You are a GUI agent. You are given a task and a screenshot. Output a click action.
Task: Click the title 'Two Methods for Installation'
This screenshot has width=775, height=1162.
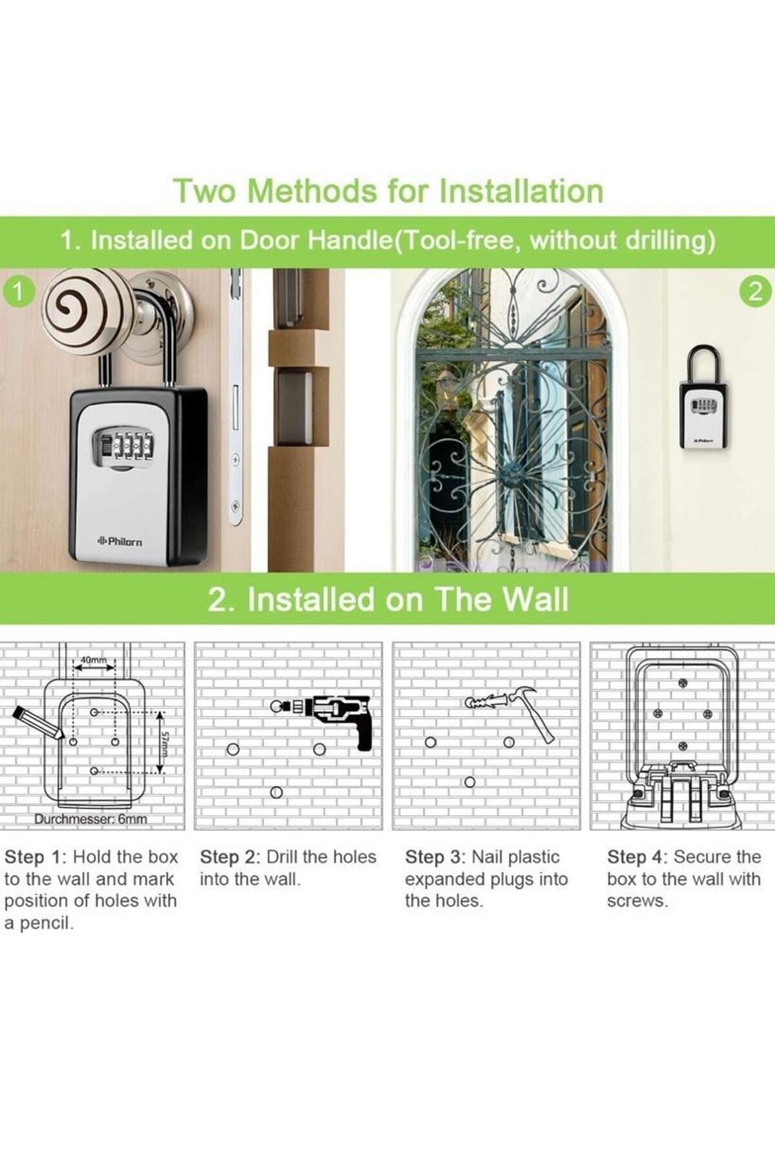click(388, 191)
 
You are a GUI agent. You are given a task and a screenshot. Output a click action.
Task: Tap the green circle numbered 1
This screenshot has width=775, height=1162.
click(19, 292)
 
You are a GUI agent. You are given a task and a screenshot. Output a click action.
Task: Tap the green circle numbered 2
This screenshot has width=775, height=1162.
click(756, 292)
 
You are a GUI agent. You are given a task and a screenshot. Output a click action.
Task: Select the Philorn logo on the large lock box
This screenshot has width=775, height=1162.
click(119, 542)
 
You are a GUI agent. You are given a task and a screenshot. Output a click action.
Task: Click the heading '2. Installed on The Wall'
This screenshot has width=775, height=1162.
click(388, 599)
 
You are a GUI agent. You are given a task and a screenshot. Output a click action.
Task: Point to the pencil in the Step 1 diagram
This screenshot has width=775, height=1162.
click(37, 722)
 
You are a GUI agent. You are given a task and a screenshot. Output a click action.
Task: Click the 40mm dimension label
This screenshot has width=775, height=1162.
click(94, 660)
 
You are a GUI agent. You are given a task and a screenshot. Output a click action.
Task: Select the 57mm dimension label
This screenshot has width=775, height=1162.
click(165, 744)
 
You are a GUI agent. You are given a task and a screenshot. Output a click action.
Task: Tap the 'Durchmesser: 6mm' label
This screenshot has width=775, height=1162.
click(90, 819)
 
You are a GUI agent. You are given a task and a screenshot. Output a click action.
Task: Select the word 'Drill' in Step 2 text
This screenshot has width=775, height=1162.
click(282, 857)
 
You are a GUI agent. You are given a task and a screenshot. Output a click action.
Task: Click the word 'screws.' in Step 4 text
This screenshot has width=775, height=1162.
click(637, 901)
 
